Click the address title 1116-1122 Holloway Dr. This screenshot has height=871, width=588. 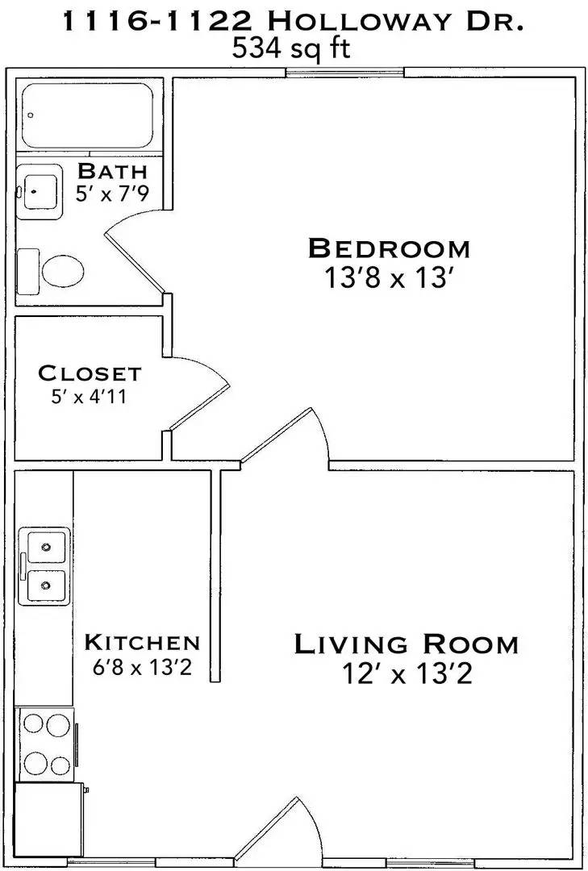coord(294,23)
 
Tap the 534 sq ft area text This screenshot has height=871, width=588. coord(292,50)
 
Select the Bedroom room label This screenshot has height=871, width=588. coord(388,248)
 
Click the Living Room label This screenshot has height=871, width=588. coord(406,644)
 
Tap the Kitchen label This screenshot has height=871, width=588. coord(142,643)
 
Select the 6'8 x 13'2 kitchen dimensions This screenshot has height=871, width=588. coord(142,668)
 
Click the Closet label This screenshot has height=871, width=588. coord(90,374)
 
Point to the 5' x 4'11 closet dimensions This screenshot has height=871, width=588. coord(90,398)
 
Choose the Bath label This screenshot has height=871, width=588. coord(112,171)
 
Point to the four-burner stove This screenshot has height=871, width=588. coord(46,743)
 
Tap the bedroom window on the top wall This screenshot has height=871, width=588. coord(344,74)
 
